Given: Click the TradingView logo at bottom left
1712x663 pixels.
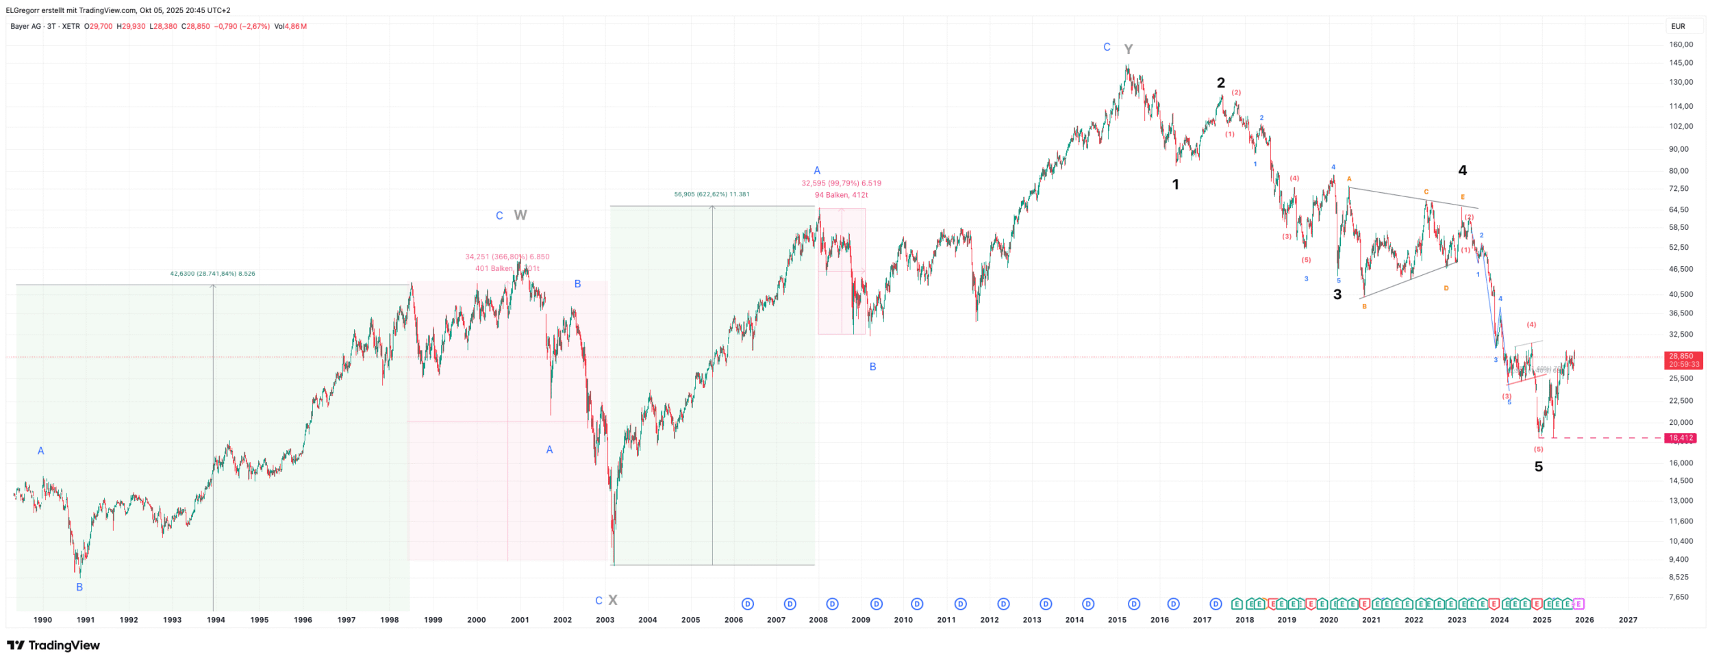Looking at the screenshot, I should click(53, 645).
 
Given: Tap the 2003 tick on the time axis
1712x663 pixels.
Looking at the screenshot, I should click(605, 620).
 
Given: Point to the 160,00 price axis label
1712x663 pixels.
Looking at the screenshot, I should click(1680, 44).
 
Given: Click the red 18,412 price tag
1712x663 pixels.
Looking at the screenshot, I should click(1680, 438).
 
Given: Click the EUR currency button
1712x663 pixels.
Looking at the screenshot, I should click(1678, 26).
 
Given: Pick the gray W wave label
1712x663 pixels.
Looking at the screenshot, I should click(520, 216).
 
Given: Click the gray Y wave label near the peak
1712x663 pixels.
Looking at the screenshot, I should click(1128, 49).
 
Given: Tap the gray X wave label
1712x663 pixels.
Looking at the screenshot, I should click(613, 600).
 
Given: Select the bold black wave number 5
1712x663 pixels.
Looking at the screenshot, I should click(1538, 467).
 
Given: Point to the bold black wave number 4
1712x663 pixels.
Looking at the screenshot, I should click(1462, 170).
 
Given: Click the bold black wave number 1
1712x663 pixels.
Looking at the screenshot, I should click(1175, 184).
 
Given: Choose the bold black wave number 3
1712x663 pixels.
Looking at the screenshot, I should click(1337, 294).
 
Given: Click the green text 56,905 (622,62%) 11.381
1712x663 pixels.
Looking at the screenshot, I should click(712, 194).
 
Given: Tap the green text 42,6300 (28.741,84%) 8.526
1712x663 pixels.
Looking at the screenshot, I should click(212, 274).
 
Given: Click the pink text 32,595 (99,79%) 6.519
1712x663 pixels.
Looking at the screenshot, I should click(841, 183).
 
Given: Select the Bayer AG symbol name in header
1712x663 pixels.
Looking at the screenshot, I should click(26, 26).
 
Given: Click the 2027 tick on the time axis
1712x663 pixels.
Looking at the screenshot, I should click(1627, 620).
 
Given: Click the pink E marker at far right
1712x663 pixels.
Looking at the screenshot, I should click(1578, 603).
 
